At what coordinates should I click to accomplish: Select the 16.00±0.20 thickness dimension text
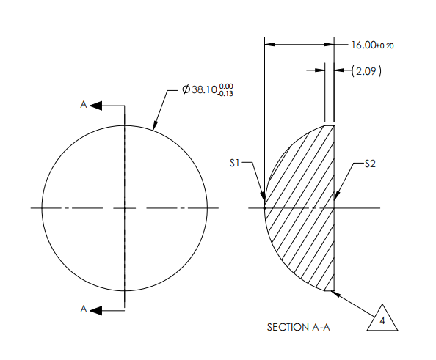[372, 45]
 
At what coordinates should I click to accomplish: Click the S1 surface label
[234, 163]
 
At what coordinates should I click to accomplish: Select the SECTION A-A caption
[299, 328]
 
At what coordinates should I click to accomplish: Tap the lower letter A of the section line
[84, 310]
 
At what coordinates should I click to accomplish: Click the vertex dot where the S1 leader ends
[264, 208]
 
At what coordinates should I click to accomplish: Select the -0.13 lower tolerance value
[225, 95]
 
